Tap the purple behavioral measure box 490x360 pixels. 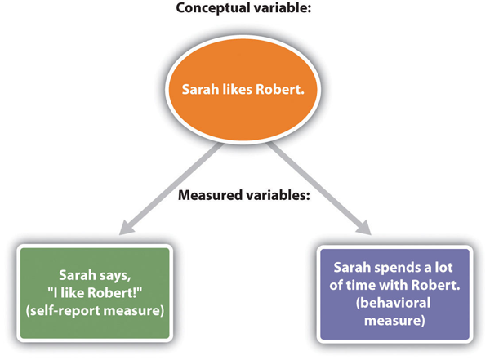(x=394, y=291)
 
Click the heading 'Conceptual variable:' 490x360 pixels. (x=244, y=11)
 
